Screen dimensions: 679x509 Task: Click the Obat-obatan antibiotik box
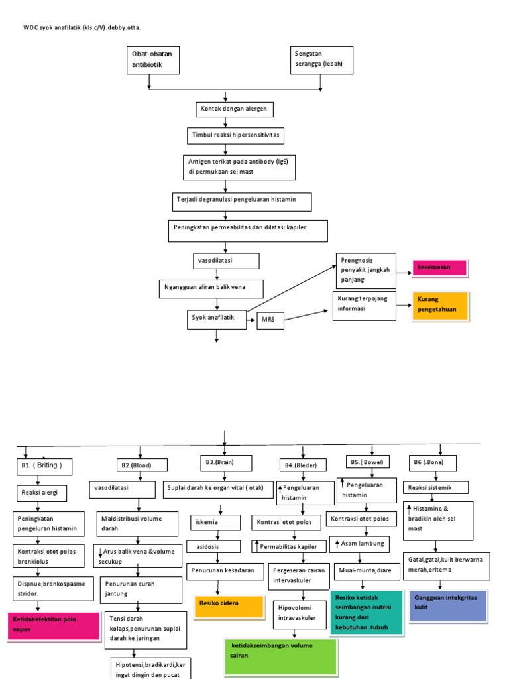[x=152, y=60]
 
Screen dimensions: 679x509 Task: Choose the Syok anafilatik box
[x=216, y=318]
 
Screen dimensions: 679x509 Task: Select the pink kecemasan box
[x=439, y=267]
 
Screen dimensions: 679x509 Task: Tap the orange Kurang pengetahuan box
[x=440, y=305]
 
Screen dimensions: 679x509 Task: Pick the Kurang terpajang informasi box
[x=364, y=306]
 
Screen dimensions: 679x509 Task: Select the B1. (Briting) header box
[x=43, y=465]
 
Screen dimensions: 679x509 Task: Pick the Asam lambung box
[x=360, y=544]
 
